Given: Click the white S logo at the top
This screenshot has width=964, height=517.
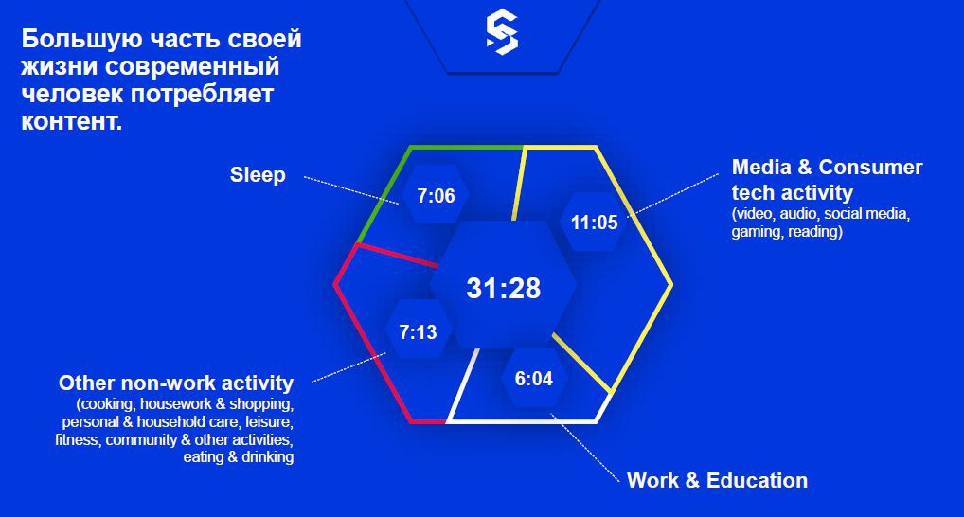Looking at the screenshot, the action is pos(502,32).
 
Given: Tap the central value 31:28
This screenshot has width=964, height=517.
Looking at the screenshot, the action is pos(503,288).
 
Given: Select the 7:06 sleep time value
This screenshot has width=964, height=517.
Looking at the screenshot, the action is pos(436,195).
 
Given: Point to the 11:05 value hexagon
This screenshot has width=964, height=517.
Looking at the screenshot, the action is pos(594,222).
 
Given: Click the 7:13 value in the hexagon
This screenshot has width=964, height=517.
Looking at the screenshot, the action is pos(418,332).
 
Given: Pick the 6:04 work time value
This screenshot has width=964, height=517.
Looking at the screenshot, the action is pos(534,378).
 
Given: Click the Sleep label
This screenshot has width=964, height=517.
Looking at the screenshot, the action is pos(258,174).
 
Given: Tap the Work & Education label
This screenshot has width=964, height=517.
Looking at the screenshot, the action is pos(717,480).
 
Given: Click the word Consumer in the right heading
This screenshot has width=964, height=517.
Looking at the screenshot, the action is pos(870,167).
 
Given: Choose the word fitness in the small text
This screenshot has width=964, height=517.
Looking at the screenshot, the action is pos(77,440).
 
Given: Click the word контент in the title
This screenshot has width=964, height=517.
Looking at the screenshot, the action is pos(69,121).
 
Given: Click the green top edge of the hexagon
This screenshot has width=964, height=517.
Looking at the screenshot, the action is pos(467,148).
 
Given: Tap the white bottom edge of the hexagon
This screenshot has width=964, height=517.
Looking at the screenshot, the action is pos(522,421).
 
